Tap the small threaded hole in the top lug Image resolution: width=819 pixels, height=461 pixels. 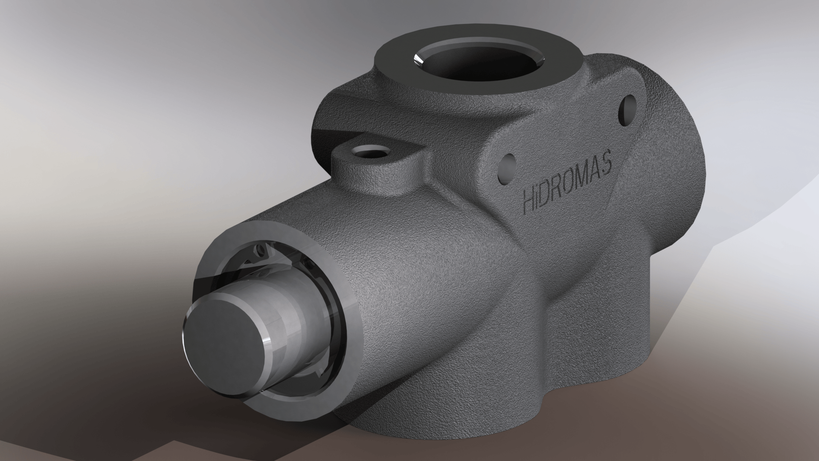pos(369,152)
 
